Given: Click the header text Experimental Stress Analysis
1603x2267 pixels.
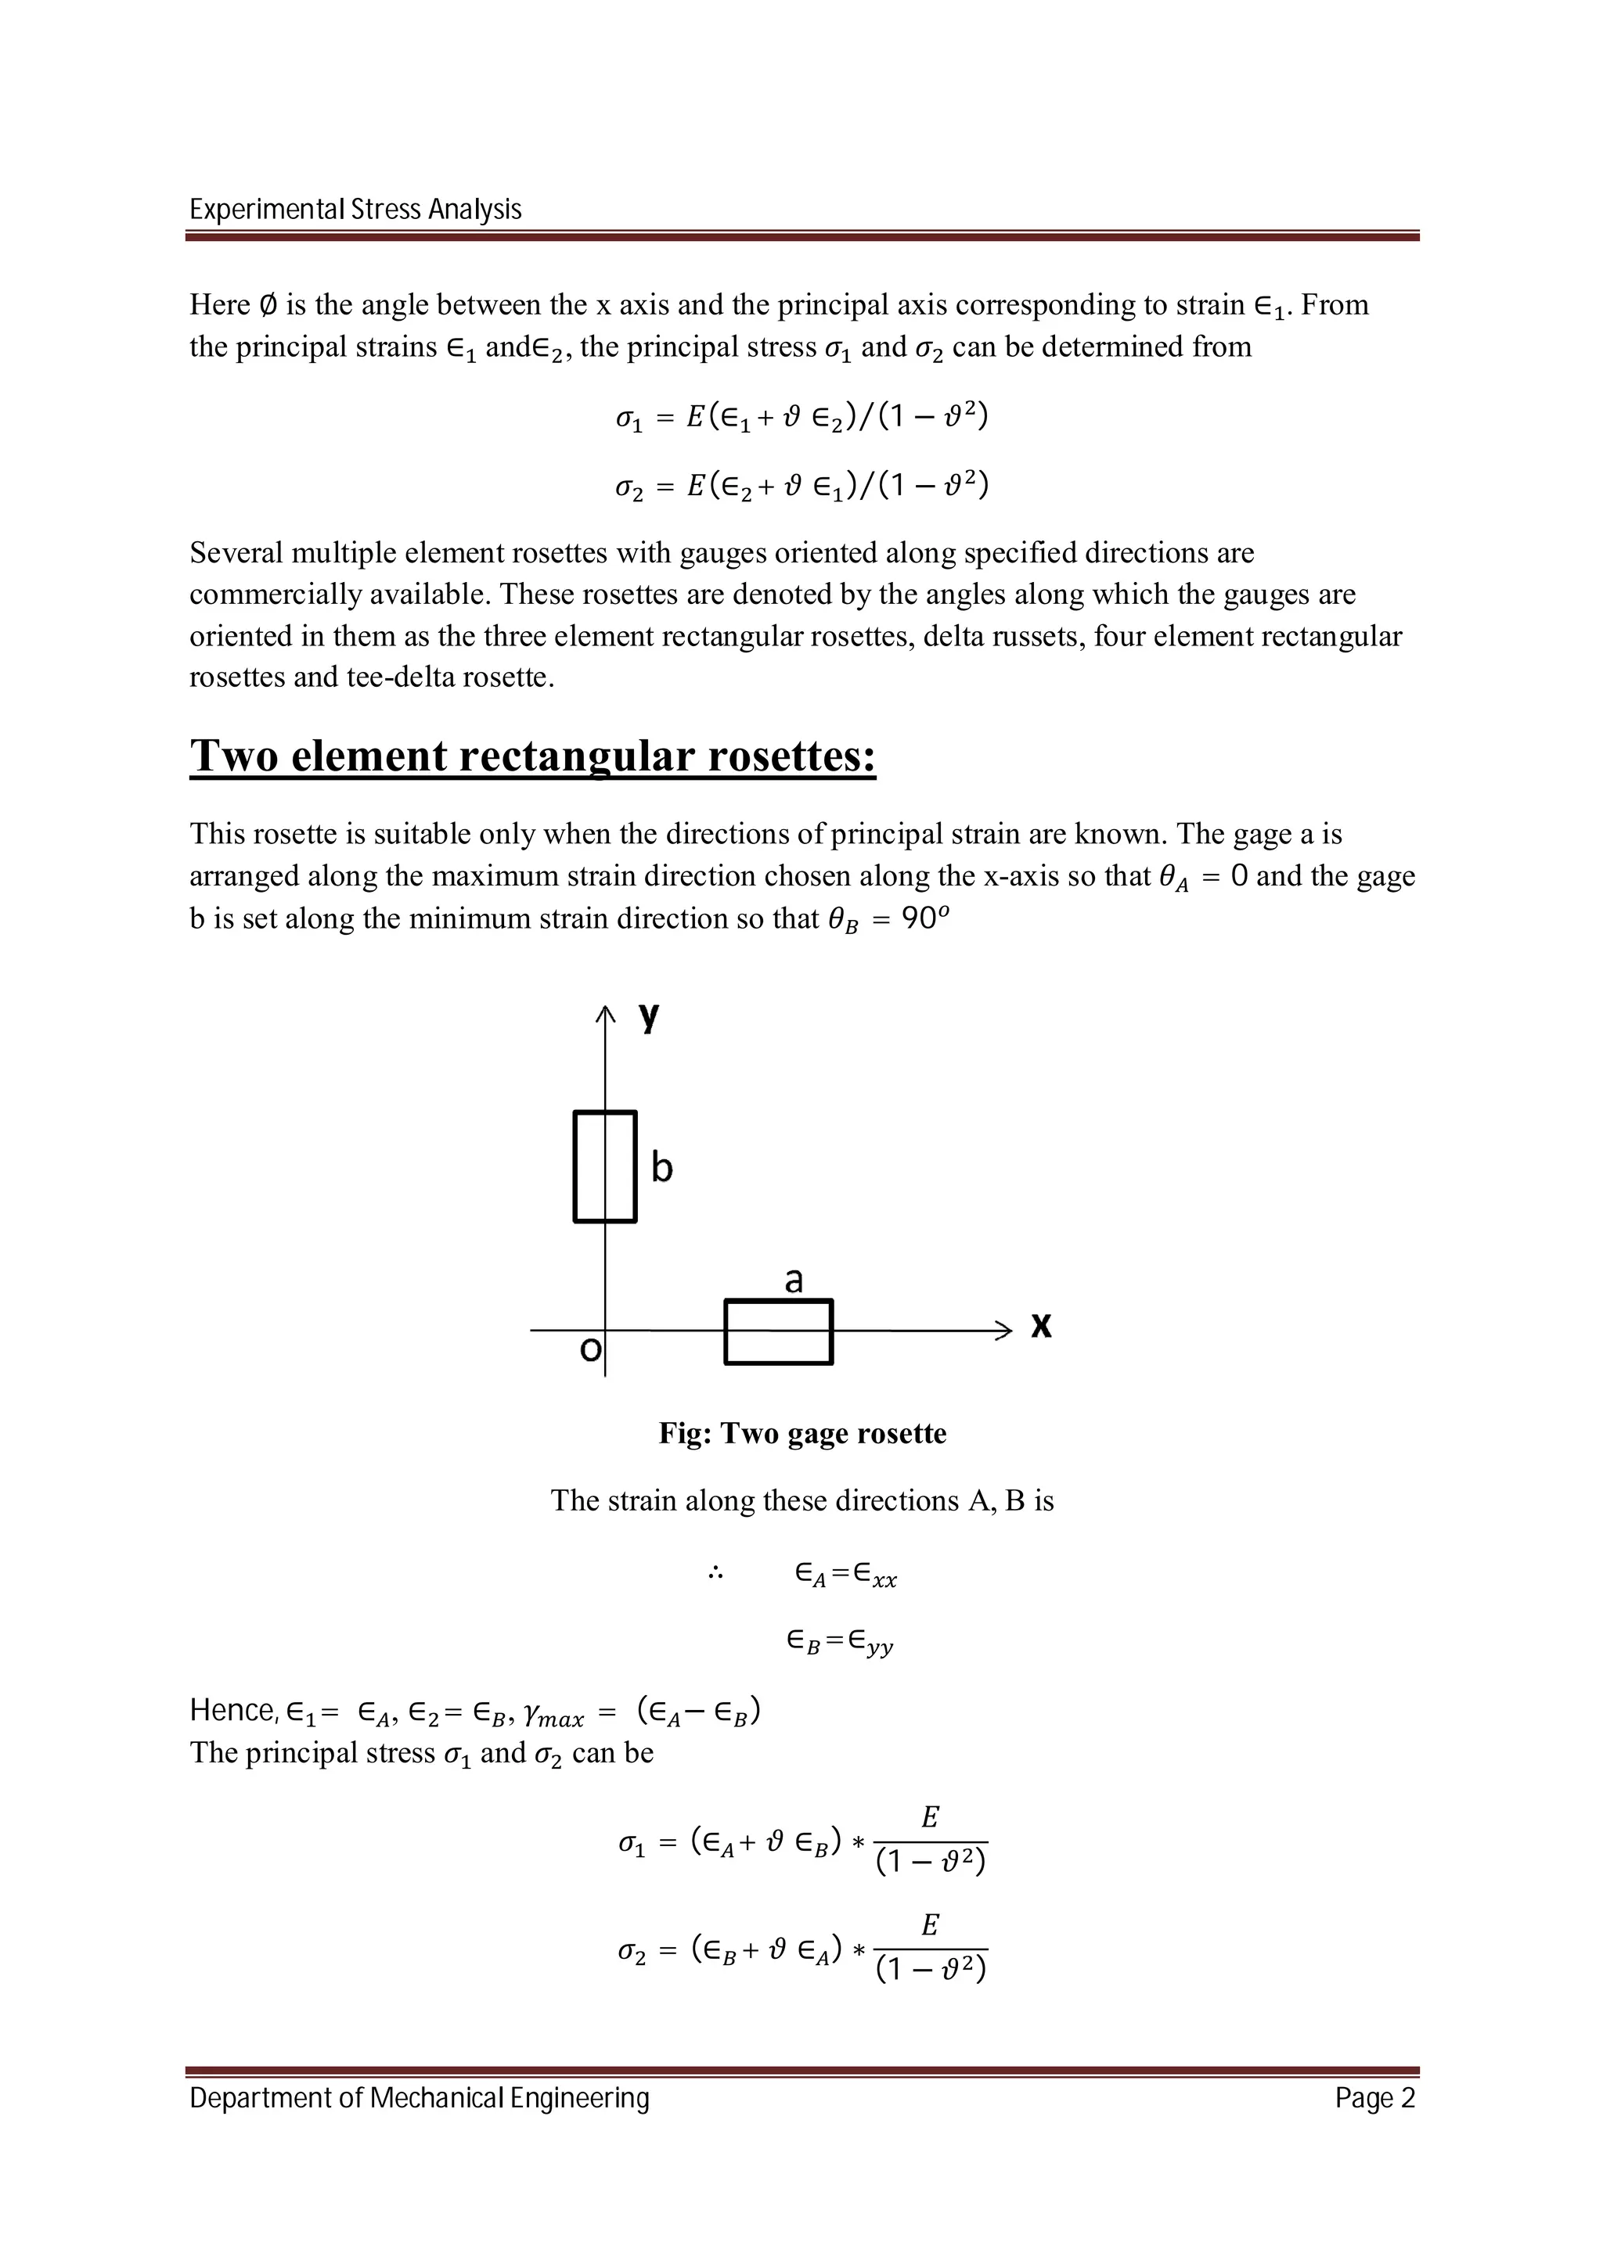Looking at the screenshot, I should pyautogui.click(x=355, y=210).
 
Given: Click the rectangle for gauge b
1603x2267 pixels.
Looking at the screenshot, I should pyautogui.click(x=604, y=1166).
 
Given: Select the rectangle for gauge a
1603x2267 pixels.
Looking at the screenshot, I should pyautogui.click(x=778, y=1332).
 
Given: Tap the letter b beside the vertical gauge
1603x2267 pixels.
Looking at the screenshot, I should pyautogui.click(x=661, y=1168).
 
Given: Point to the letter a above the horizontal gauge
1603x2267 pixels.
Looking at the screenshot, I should pyautogui.click(x=793, y=1280).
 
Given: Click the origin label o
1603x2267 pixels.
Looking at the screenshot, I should pyautogui.click(x=589, y=1349).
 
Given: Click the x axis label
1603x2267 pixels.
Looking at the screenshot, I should pyautogui.click(x=1041, y=1325).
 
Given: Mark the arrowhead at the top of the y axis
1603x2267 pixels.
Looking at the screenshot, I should pyautogui.click(x=604, y=1013).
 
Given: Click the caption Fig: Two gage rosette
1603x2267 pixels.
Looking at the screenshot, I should pyautogui.click(x=802, y=1434).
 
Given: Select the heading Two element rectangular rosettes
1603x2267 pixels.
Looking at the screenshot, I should pyautogui.click(x=532, y=756).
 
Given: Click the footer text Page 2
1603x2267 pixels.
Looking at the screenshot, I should pyautogui.click(x=1375, y=2098).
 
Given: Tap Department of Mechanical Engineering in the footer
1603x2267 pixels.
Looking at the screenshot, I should pyautogui.click(x=419, y=2098).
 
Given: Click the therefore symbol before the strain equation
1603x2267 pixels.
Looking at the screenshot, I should pyautogui.click(x=716, y=1574).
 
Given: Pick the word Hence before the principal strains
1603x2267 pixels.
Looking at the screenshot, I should pyautogui.click(x=233, y=1710).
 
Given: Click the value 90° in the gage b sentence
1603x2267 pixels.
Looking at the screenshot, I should pyautogui.click(x=925, y=918).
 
